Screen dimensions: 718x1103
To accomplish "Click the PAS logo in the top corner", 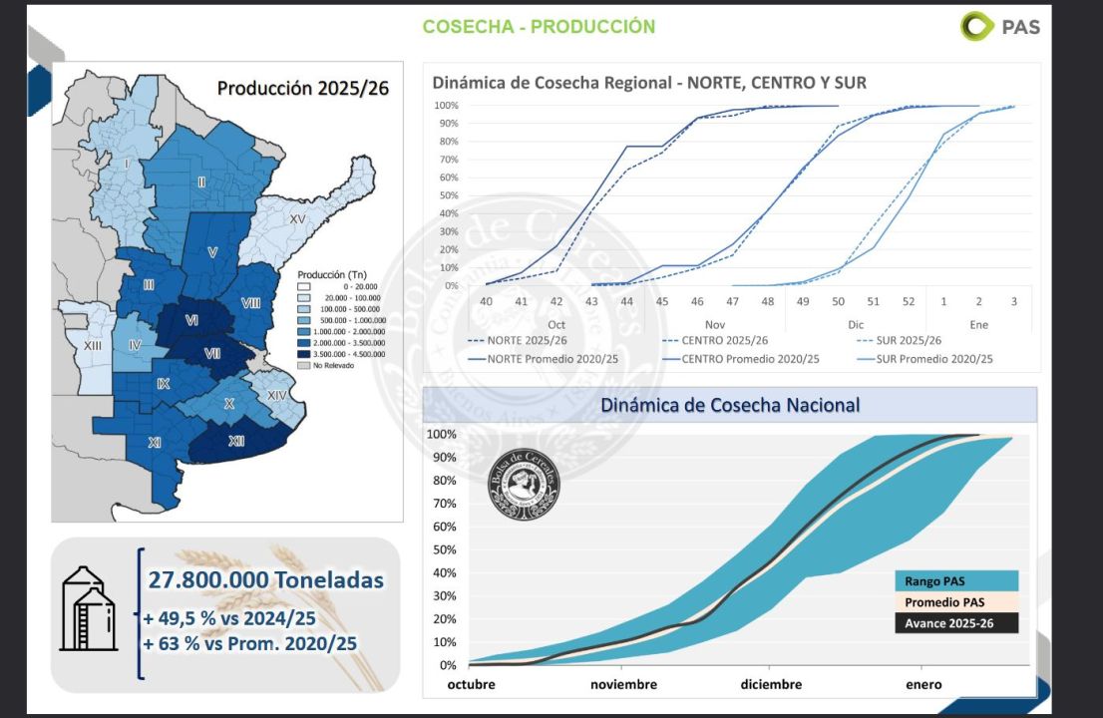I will coord(1000,26).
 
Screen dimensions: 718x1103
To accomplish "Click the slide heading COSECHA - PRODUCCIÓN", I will coord(539,27).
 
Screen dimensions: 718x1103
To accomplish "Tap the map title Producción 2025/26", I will coord(303,88).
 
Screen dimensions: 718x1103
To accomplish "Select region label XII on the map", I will coord(236,441).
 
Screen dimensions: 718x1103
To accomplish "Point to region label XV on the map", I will coord(297,218).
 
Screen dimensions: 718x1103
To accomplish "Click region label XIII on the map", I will coord(93,345).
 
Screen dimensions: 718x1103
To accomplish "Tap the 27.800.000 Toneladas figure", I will coord(265,579).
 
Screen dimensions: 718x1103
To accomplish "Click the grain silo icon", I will coord(88,608).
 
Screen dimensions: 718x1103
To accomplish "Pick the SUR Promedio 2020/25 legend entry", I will coord(933,359).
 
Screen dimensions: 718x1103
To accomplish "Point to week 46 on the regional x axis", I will coord(697,301).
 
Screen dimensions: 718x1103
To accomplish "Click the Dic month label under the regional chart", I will coord(856,325).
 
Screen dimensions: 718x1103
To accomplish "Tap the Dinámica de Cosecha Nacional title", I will coord(729,405).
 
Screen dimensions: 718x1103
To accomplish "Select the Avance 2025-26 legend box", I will coord(955,623).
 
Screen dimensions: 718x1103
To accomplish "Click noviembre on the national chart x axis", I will coord(623,684).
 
